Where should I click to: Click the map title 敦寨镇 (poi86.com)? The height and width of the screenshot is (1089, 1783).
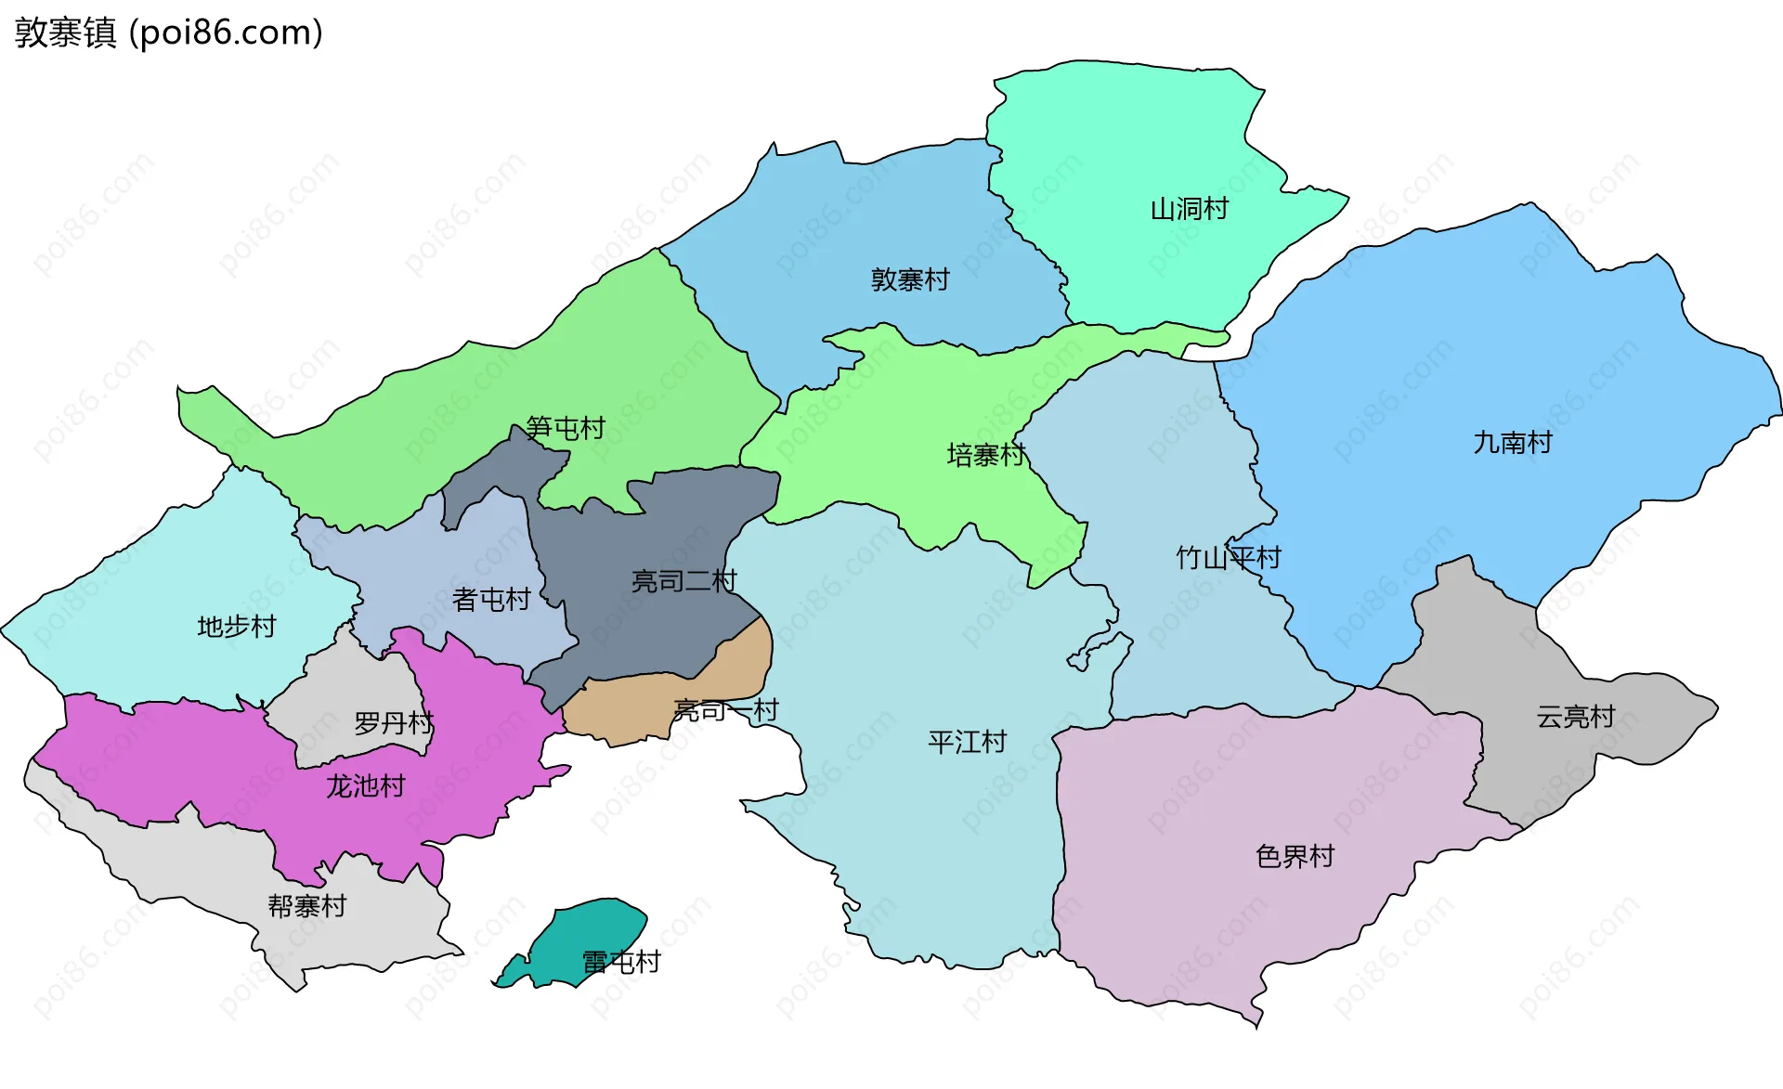pyautogui.click(x=168, y=32)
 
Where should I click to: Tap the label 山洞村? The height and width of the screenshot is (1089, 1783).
pyautogui.click(x=1189, y=209)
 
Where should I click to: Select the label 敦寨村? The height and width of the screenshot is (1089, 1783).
pyautogui.click(x=909, y=279)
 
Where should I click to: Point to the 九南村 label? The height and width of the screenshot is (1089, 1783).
pyautogui.click(x=1512, y=443)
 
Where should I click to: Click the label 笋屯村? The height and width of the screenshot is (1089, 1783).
pyautogui.click(x=565, y=428)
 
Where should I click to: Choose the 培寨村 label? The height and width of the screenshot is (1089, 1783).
pyautogui.click(x=985, y=455)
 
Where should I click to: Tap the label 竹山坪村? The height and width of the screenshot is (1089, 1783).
pyautogui.click(x=1228, y=558)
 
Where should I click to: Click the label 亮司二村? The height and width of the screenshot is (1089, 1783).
pyautogui.click(x=683, y=582)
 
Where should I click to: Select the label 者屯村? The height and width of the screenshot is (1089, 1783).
pyautogui.click(x=490, y=600)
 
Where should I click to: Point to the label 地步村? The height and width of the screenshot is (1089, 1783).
pyautogui.click(x=236, y=627)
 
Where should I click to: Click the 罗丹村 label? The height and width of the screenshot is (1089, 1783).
pyautogui.click(x=393, y=723)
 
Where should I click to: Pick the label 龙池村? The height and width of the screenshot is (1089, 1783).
pyautogui.click(x=365, y=786)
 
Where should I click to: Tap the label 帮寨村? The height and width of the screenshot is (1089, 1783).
pyautogui.click(x=306, y=906)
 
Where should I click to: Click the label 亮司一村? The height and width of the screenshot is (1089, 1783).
pyautogui.click(x=725, y=711)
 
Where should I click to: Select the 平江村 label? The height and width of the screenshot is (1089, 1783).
pyautogui.click(x=967, y=742)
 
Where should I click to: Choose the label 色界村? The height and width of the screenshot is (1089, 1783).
pyautogui.click(x=1295, y=856)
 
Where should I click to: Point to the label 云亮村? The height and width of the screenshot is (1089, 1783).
pyautogui.click(x=1575, y=717)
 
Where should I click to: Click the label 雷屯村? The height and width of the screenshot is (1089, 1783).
pyautogui.click(x=620, y=963)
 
